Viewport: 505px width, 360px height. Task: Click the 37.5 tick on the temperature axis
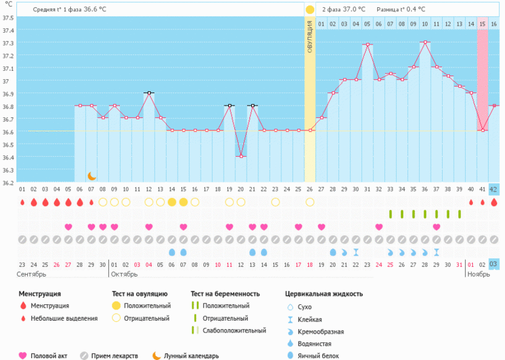(8, 18)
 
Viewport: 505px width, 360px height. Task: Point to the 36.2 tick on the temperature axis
(8, 182)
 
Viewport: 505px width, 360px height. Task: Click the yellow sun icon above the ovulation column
(310, 10)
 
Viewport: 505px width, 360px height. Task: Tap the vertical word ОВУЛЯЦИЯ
(310, 40)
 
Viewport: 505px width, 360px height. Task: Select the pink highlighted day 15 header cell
(482, 24)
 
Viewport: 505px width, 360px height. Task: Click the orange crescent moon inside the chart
(92, 176)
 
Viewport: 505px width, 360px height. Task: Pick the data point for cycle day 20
(241, 156)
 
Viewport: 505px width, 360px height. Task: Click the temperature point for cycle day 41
(482, 130)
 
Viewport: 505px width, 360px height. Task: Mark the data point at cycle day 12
(149, 92)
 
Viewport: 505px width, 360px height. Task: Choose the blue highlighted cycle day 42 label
(494, 190)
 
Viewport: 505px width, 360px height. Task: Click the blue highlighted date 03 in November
(494, 264)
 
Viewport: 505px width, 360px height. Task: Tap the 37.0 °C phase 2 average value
(351, 10)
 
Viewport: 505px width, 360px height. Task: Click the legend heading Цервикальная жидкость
(324, 294)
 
